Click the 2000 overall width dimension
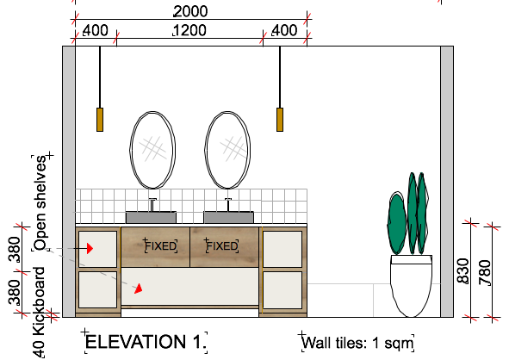(190, 11)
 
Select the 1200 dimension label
(189, 30)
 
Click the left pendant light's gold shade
(100, 120)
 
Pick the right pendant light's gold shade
(280, 120)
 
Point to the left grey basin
(151, 217)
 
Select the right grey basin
(228, 217)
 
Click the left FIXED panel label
(161, 246)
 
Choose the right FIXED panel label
(222, 246)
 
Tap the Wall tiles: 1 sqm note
(357, 343)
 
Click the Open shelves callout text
(40, 203)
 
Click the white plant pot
(412, 286)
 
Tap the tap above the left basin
(152, 204)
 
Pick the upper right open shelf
(282, 249)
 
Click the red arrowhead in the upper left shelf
(90, 249)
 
